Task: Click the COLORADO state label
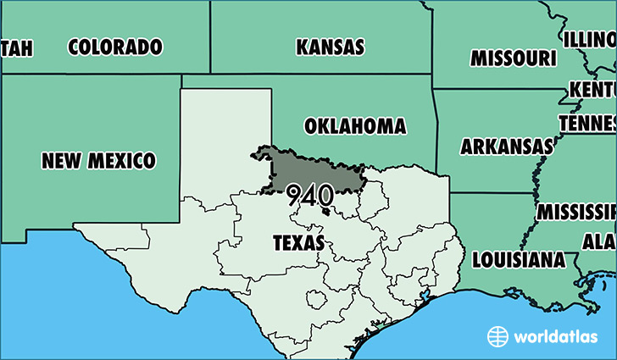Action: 114,47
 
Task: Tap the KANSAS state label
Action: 330,47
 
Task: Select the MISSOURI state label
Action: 514,58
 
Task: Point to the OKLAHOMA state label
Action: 354,126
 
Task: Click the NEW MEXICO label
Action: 99,159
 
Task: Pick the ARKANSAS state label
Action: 505,147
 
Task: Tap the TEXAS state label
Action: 297,243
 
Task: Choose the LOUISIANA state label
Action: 518,258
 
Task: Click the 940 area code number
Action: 309,196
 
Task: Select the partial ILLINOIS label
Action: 589,39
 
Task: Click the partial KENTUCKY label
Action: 592,90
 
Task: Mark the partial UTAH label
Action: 17,48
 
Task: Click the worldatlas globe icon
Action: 497,336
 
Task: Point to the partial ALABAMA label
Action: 598,241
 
